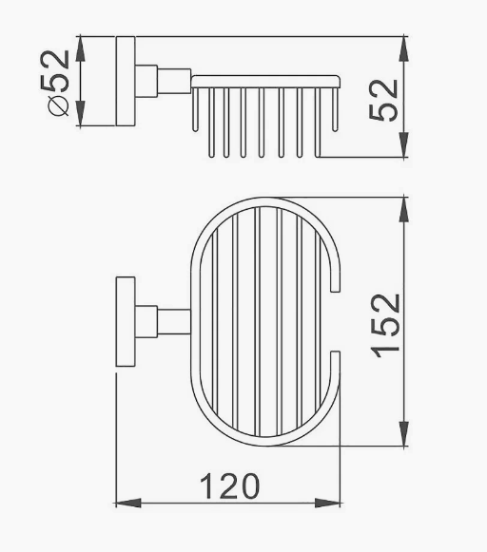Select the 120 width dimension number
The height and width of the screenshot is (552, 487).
click(230, 486)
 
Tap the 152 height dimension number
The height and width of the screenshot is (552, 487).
click(386, 326)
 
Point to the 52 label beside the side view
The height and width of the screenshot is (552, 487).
click(383, 101)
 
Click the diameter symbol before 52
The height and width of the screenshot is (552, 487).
click(58, 106)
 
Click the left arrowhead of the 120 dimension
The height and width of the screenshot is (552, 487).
click(128, 503)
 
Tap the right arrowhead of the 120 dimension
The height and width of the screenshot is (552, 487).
click(328, 503)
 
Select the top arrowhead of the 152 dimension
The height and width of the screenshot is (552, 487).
click(404, 210)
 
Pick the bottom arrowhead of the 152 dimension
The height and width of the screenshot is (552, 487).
click(404, 433)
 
